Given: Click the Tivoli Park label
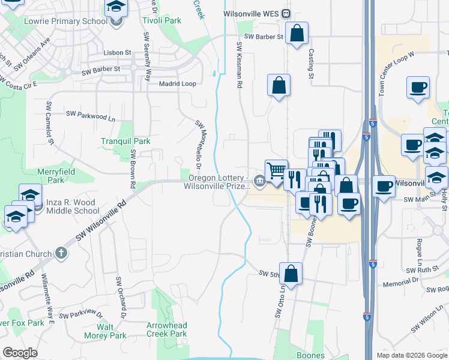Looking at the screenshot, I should (162, 20).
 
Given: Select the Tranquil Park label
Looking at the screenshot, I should (125, 141).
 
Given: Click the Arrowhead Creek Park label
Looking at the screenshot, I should (167, 329).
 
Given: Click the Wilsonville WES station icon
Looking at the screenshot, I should (287, 13).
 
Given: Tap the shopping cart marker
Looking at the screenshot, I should (276, 170).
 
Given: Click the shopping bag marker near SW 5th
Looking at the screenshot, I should (291, 274).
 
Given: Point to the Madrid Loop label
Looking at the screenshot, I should (177, 84).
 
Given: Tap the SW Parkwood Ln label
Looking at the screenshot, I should (90, 113).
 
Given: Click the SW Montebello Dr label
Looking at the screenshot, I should (201, 144).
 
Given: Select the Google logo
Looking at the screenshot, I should (20, 353).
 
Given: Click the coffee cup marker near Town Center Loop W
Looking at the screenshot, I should (418, 88).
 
